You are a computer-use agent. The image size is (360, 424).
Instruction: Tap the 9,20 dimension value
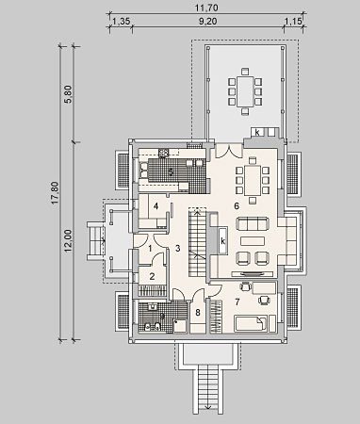(x=208, y=21)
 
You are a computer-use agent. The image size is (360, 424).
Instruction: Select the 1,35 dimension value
(x=121, y=21)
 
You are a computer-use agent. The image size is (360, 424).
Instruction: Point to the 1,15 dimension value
(x=293, y=21)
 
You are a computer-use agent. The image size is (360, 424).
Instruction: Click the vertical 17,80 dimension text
(x=56, y=193)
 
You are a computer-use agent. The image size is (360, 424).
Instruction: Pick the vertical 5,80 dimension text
(x=69, y=94)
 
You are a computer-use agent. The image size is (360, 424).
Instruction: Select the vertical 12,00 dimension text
(x=69, y=241)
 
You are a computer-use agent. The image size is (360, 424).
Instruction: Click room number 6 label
(x=237, y=206)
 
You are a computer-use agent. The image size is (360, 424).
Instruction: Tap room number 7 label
(x=237, y=302)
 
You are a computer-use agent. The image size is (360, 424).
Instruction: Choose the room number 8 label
(x=198, y=313)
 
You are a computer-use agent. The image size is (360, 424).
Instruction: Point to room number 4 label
(x=155, y=206)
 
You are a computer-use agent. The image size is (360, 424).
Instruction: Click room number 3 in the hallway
(x=178, y=249)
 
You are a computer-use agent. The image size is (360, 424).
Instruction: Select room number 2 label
(x=152, y=277)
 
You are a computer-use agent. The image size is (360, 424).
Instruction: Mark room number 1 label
(x=150, y=249)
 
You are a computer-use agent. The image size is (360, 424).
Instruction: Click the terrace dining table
(x=245, y=91)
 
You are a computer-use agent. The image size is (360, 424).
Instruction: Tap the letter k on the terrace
(x=257, y=132)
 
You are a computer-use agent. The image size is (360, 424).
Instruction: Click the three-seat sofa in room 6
(x=253, y=223)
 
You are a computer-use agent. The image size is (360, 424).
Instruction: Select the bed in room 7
(x=251, y=323)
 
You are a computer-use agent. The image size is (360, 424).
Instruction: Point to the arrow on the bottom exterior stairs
(x=208, y=408)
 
